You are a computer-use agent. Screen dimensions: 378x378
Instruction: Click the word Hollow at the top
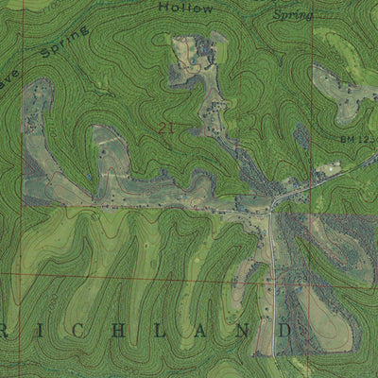(186, 8)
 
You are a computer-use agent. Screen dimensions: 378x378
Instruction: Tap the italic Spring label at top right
(292, 15)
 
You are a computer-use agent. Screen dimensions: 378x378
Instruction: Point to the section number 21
(167, 127)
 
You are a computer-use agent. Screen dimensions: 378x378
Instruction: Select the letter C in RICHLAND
(84, 331)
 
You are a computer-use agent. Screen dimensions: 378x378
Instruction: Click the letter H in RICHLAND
(126, 331)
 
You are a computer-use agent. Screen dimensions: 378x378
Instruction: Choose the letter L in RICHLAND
(166, 331)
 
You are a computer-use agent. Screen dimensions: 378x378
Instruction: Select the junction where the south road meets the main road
(271, 210)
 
